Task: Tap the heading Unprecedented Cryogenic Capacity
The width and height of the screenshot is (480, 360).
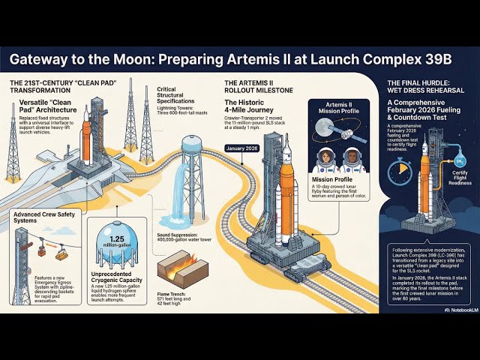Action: (x=116, y=281)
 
